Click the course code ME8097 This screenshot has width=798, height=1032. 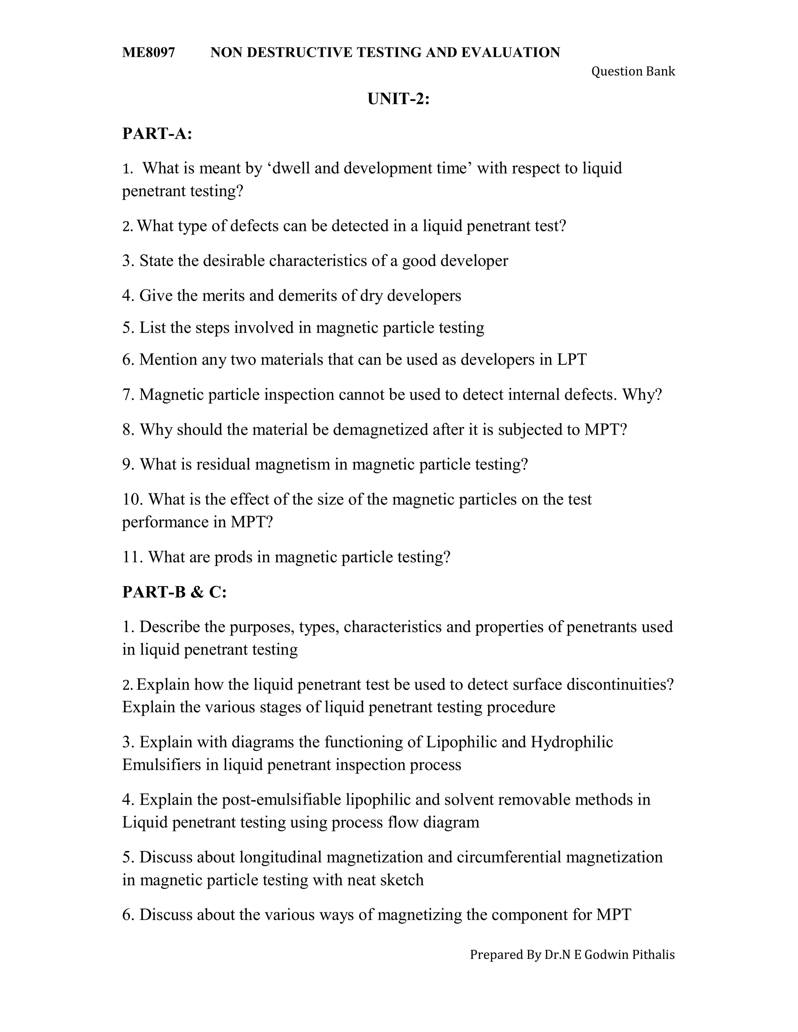(148, 53)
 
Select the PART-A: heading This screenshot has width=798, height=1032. (157, 134)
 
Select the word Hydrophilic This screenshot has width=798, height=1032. (572, 742)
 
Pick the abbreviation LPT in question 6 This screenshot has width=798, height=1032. (572, 359)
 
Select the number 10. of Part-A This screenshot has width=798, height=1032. (133, 500)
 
